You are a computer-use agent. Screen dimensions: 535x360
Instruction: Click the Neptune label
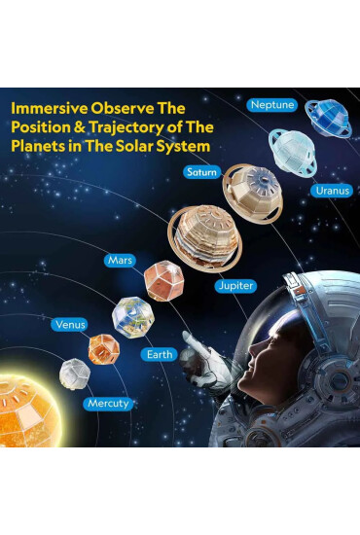click(x=270, y=104)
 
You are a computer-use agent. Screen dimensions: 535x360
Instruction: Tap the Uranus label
click(x=332, y=191)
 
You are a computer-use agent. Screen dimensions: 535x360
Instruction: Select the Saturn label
click(x=202, y=171)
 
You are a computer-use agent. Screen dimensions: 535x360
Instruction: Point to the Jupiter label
click(x=235, y=286)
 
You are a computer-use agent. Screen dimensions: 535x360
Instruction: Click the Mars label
click(x=120, y=261)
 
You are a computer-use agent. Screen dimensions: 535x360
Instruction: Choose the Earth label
click(x=160, y=354)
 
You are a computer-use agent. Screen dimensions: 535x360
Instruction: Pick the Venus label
click(x=70, y=323)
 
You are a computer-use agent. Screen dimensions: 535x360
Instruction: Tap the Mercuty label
click(x=107, y=402)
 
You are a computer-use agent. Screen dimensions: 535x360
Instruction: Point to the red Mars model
click(x=162, y=280)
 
